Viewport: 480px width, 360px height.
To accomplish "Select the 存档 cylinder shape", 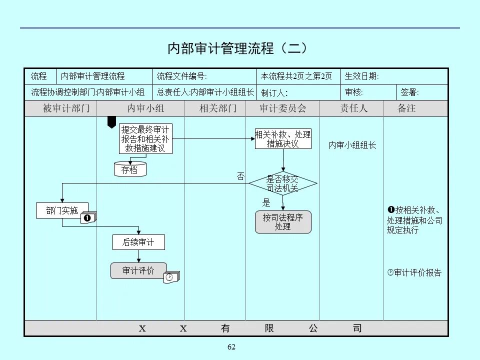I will [x=130, y=169].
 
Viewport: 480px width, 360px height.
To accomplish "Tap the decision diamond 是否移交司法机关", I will [x=283, y=184].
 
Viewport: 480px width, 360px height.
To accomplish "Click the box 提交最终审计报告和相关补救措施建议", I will [x=145, y=138].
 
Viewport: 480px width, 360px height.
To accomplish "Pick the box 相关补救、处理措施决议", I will [x=283, y=138].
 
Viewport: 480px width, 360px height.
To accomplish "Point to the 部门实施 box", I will [x=62, y=210].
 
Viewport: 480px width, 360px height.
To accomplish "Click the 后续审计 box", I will [x=138, y=242].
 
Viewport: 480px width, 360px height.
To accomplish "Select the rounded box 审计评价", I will [x=138, y=270].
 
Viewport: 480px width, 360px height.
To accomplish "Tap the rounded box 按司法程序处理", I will [x=283, y=222].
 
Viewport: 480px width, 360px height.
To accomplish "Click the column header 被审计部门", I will [x=60, y=108].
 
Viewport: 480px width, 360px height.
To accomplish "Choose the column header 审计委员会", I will [x=282, y=108].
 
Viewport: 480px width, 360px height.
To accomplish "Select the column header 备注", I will [x=406, y=108].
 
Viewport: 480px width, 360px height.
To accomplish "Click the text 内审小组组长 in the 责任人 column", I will [x=352, y=145].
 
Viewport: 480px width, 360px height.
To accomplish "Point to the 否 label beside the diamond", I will [x=240, y=176].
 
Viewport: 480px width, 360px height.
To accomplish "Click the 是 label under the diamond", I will [x=266, y=203].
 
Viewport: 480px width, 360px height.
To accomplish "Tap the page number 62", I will [x=231, y=347].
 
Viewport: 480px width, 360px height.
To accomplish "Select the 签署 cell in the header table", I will [x=410, y=92].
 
